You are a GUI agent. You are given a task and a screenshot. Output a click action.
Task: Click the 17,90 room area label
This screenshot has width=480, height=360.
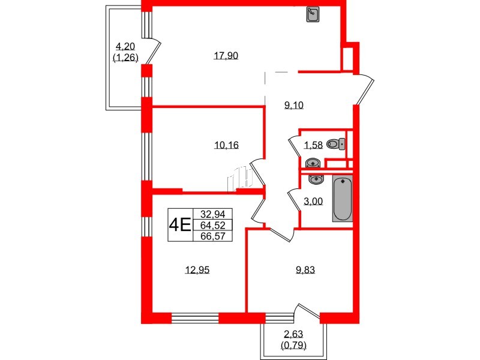click(227, 56)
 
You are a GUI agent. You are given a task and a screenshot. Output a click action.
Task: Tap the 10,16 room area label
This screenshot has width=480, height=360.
click(227, 144)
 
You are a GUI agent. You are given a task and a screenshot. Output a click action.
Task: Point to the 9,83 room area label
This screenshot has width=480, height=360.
click(305, 270)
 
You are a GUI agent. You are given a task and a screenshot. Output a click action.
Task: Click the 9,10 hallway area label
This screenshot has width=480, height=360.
click(294, 105)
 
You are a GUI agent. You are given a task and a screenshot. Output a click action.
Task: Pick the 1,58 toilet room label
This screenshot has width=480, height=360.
click(313, 144)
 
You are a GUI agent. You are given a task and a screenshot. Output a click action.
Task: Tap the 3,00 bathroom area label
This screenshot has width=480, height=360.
click(313, 202)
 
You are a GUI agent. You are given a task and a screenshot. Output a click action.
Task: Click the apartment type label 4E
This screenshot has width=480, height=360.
click(179, 225)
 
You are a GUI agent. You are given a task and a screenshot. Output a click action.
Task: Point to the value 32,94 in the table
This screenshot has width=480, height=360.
click(212, 214)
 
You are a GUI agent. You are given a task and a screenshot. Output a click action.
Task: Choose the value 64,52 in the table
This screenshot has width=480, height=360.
click(212, 225)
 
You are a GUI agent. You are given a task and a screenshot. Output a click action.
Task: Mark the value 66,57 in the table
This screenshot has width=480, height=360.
click(212, 236)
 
